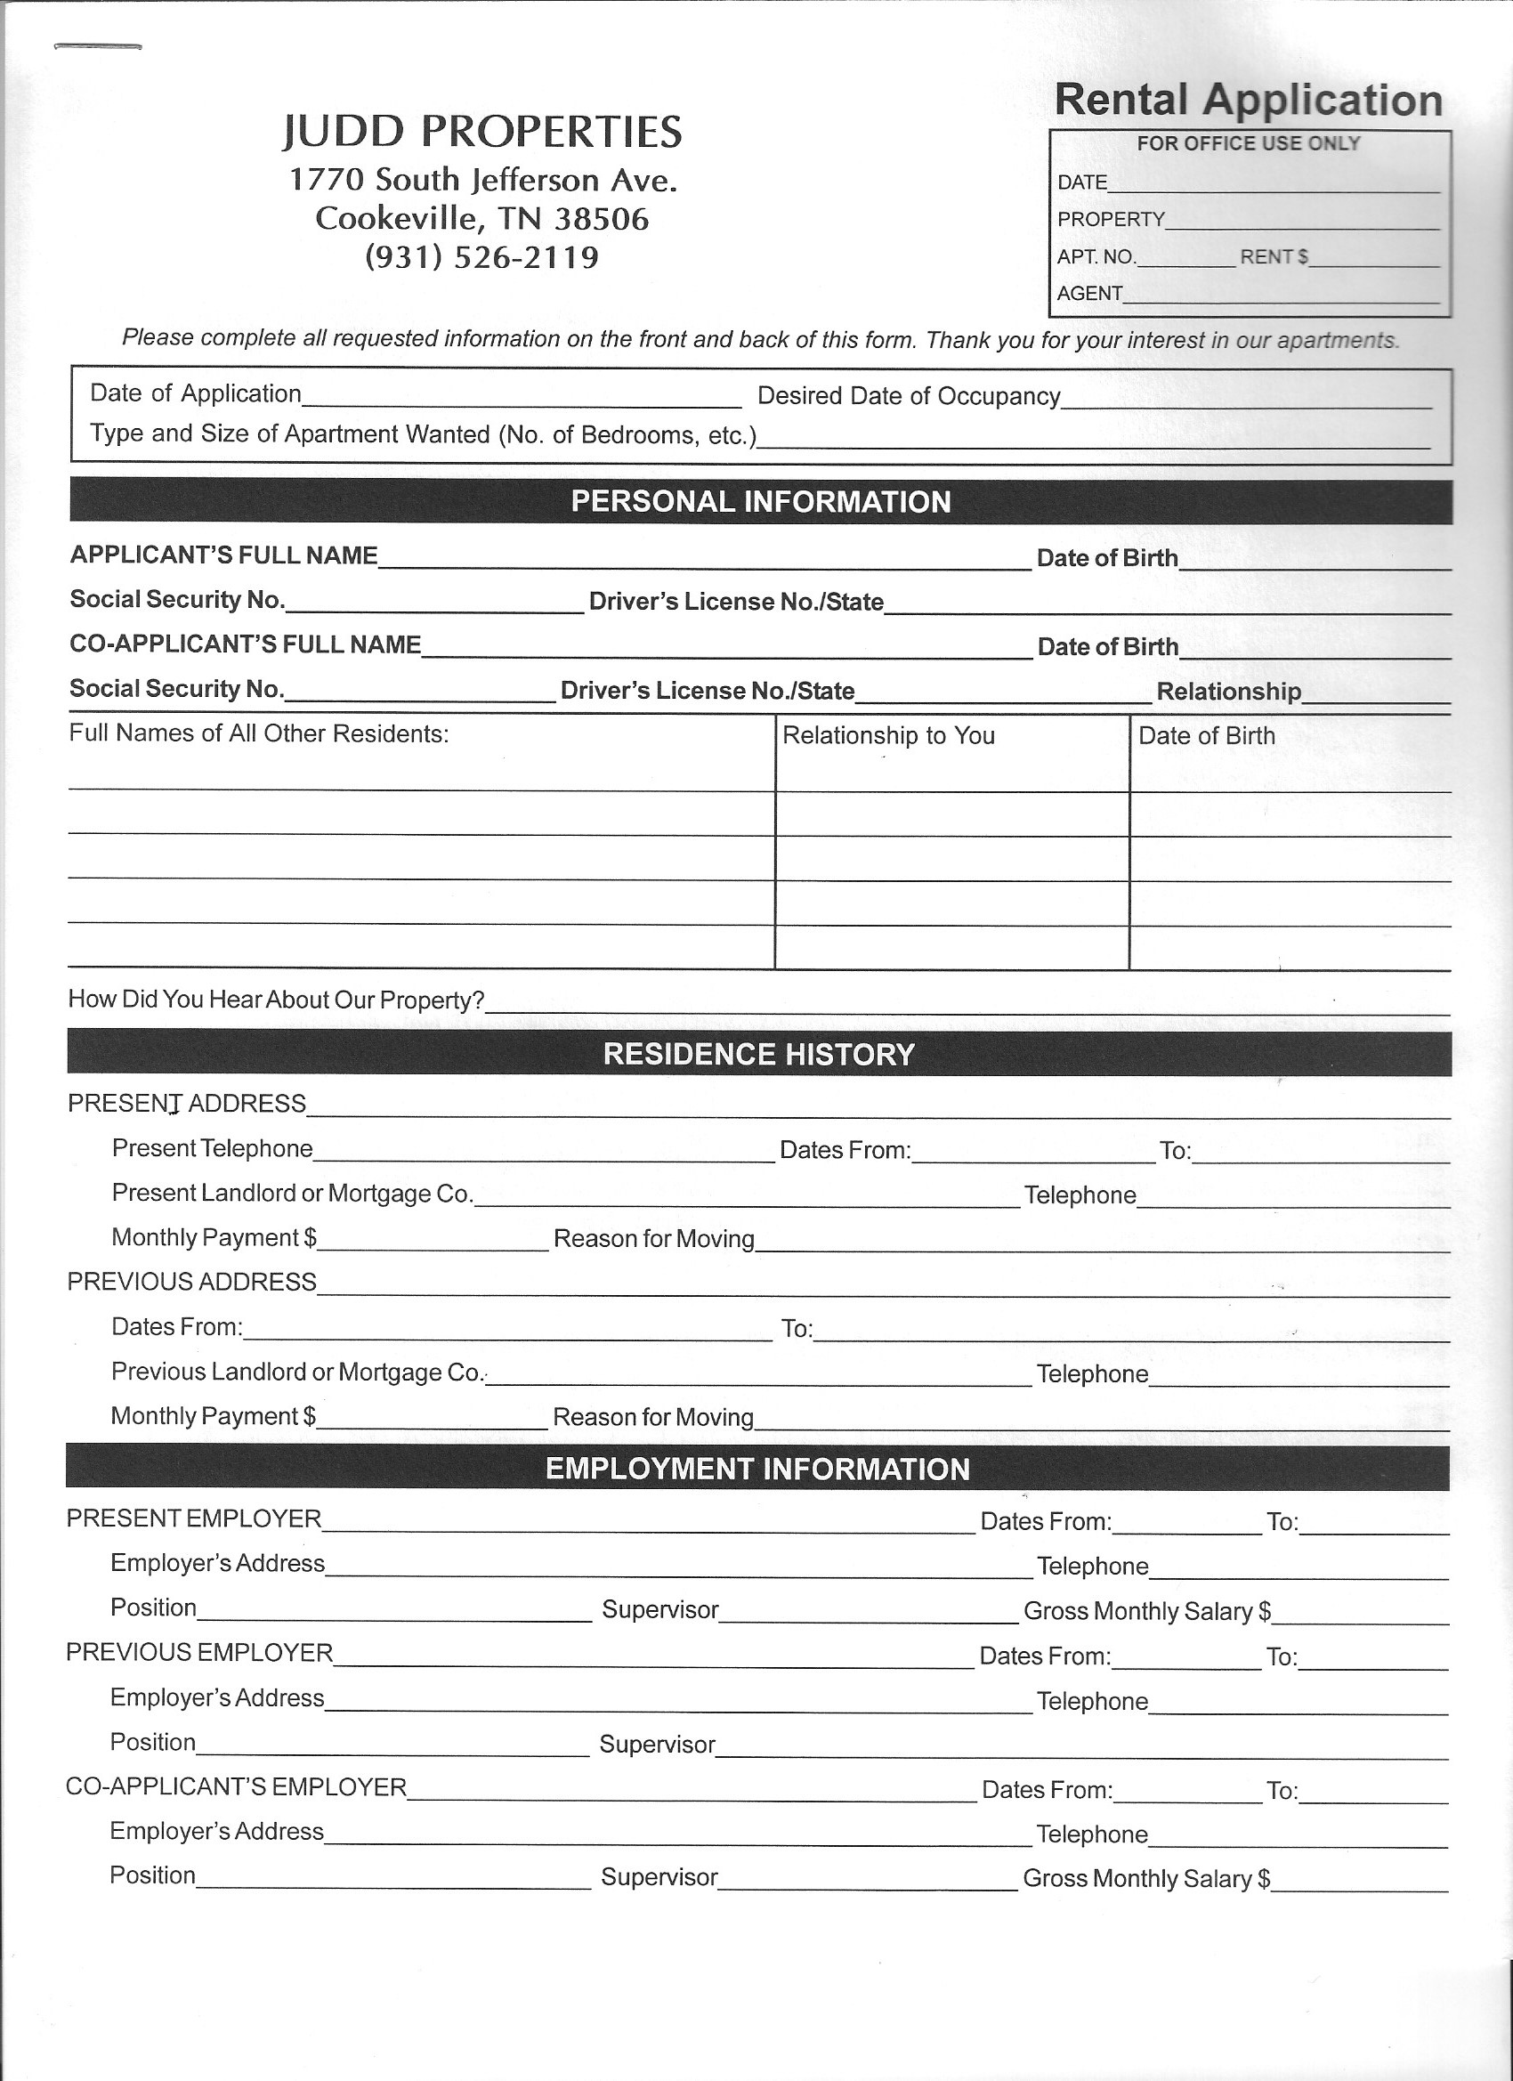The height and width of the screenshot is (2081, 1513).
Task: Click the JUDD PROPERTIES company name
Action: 481,131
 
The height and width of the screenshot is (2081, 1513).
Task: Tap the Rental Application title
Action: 1248,99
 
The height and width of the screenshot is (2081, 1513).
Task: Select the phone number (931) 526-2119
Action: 481,257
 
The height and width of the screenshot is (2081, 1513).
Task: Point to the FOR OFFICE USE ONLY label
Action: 1248,143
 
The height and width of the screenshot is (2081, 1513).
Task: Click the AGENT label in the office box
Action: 1090,294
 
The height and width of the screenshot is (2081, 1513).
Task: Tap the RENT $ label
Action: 1274,257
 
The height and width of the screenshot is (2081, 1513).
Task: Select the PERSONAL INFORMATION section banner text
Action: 761,502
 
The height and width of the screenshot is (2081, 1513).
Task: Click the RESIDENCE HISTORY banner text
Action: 759,1054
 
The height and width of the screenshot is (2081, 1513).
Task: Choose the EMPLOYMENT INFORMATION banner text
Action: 758,1469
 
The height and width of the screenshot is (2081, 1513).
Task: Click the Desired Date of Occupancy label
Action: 909,396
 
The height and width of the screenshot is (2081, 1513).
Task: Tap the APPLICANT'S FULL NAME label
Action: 224,555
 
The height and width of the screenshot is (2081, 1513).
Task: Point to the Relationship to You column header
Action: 888,736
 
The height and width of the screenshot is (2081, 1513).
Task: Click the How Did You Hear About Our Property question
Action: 276,1000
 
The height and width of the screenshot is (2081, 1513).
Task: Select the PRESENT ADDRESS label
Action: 187,1103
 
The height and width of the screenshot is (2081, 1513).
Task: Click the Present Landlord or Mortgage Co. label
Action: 293,1193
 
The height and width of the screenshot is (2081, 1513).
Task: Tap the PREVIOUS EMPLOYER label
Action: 199,1653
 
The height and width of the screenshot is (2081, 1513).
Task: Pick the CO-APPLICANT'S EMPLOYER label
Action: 236,1786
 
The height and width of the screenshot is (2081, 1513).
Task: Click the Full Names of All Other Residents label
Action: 259,734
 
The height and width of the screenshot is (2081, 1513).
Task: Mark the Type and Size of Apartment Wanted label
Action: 423,434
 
